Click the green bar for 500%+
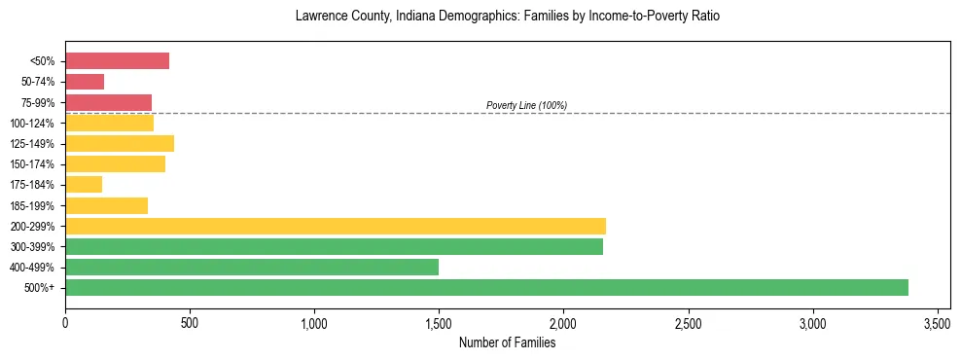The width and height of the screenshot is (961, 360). click(x=486, y=287)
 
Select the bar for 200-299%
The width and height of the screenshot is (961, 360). click(x=336, y=226)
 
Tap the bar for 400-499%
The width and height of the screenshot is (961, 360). click(x=252, y=267)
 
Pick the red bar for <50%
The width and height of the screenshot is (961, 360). click(x=117, y=61)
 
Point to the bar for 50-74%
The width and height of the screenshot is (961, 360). click(x=85, y=82)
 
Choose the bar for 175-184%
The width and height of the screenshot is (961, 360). click(x=84, y=185)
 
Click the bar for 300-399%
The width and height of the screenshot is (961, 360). click(x=334, y=246)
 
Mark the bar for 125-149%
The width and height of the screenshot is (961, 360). click(x=120, y=143)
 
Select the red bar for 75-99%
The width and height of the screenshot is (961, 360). click(x=108, y=102)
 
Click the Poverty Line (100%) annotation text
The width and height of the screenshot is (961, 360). click(x=526, y=105)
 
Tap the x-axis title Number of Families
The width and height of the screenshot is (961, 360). click(x=507, y=342)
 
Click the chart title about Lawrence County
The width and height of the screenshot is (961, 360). click(x=507, y=18)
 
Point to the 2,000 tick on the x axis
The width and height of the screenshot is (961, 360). click(x=563, y=322)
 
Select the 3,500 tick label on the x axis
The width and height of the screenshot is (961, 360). click(x=938, y=322)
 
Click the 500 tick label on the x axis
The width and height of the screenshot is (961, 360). click(x=190, y=322)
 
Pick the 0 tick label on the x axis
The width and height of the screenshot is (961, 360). click(x=65, y=322)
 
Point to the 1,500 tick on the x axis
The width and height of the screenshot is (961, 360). click(x=439, y=322)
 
